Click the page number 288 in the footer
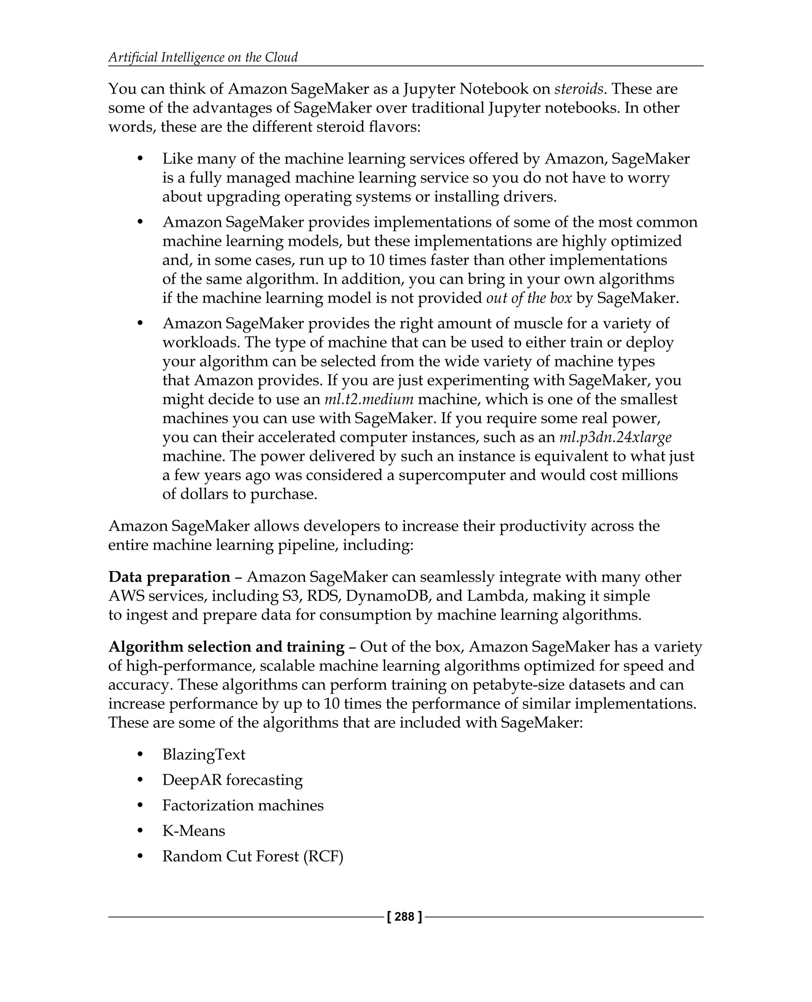[x=404, y=917]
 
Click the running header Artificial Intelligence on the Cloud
[x=203, y=57]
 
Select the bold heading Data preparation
[x=169, y=577]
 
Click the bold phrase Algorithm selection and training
[x=226, y=647]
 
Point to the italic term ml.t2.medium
[x=369, y=399]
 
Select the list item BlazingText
[x=203, y=754]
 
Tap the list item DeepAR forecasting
[x=232, y=780]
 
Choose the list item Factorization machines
[x=243, y=805]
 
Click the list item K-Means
[x=193, y=831]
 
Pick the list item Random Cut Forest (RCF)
[x=253, y=856]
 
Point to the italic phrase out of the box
[x=529, y=298]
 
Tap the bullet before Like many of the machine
[x=140, y=159]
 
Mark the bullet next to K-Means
[x=140, y=831]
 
